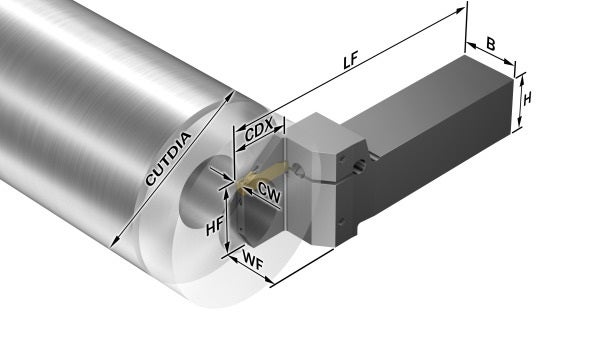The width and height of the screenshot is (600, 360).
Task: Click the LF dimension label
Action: coord(350,60)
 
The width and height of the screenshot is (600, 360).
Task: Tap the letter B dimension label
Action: coord(491,44)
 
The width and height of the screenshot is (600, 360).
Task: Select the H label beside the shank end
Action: coord(527,99)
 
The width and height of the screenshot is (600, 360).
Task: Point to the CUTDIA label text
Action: coord(168,158)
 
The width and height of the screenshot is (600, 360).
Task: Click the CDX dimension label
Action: coord(259,130)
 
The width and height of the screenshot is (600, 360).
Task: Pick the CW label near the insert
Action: coord(269,192)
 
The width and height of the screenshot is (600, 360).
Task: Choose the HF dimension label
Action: coord(214,227)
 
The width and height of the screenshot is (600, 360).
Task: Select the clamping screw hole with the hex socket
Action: coord(359,166)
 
